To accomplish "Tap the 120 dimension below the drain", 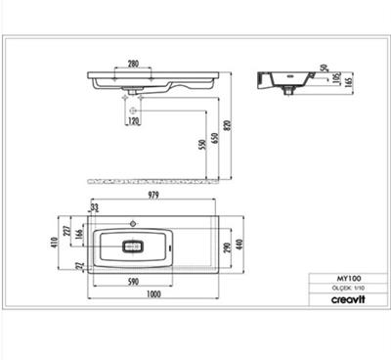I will [x=133, y=120].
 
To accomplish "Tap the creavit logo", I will [x=335, y=300].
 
